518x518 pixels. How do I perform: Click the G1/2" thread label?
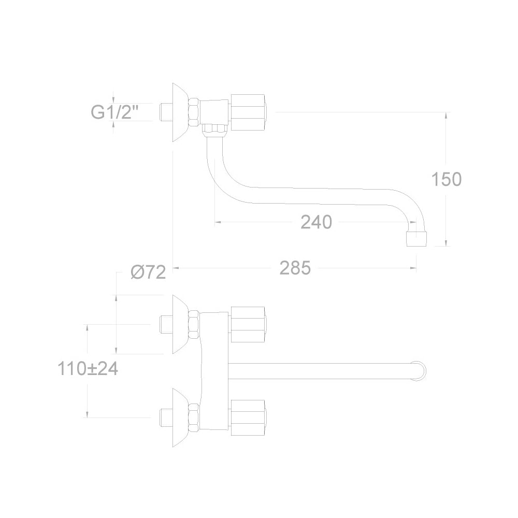[x=114, y=112]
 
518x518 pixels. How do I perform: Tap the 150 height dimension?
[x=447, y=179]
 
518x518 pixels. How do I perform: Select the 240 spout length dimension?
[x=316, y=222]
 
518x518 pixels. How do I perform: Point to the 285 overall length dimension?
[x=295, y=268]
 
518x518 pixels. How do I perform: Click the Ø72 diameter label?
[x=148, y=272]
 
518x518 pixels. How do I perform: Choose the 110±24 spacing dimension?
[x=88, y=368]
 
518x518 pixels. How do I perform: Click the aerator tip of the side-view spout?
[x=416, y=239]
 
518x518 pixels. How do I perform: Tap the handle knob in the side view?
[x=248, y=112]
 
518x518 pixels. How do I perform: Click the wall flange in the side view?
[x=180, y=112]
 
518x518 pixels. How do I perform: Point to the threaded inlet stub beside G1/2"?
[x=166, y=112]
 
